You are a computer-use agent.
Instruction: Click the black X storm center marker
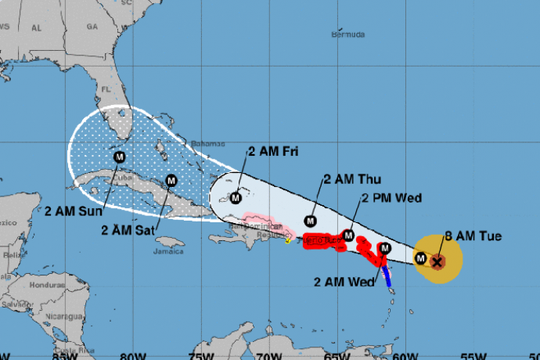click(437, 261)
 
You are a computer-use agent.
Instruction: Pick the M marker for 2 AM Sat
click(171, 182)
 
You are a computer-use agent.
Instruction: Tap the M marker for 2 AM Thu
click(311, 220)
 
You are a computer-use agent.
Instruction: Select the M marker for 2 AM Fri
click(236, 197)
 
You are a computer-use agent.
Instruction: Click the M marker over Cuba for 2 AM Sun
click(120, 157)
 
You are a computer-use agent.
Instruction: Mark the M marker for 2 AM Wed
click(383, 248)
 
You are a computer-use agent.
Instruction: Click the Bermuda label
click(347, 34)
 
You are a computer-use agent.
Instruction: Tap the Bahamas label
click(207, 142)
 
